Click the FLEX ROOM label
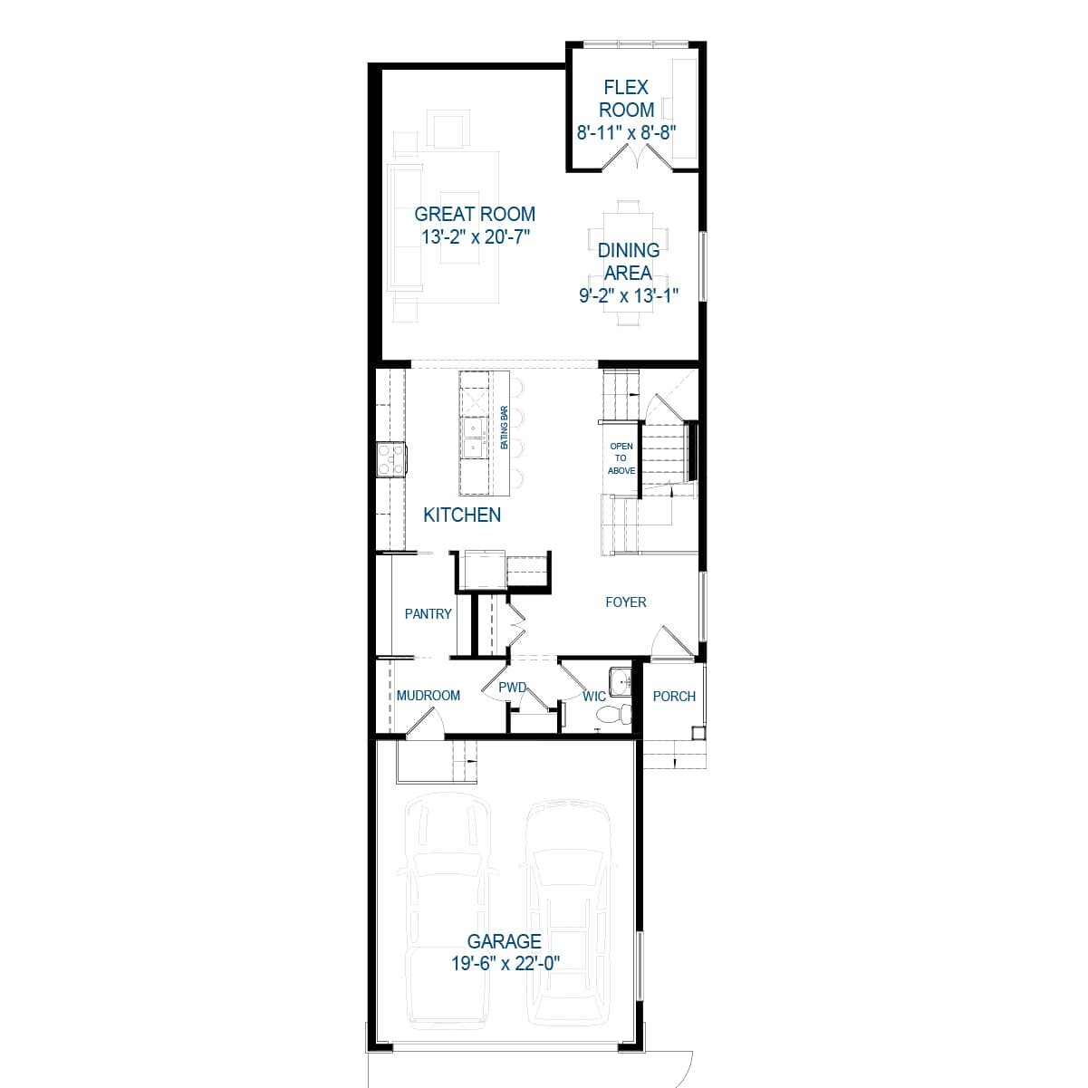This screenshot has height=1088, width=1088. tap(626, 99)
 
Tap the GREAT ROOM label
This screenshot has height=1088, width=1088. tap(475, 214)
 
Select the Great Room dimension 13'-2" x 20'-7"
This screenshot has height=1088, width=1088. tap(475, 237)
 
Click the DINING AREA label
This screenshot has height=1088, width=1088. tap(628, 261)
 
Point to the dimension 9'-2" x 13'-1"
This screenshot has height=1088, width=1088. tap(629, 295)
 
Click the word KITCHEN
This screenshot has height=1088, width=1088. tap(462, 515)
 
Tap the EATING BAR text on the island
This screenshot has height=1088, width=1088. tap(505, 428)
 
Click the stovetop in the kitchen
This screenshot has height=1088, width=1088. tap(391, 458)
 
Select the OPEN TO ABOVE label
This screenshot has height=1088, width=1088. tap(621, 458)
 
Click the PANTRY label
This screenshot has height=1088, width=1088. tap(428, 613)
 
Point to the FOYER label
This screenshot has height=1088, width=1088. tap(626, 602)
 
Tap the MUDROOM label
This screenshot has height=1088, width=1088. tap(428, 696)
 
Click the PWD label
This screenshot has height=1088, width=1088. tap(513, 688)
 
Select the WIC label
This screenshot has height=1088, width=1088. tap(594, 696)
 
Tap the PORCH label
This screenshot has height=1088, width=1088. tap(674, 696)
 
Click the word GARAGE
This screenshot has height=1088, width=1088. tap(505, 941)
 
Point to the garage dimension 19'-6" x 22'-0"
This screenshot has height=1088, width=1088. tap(505, 964)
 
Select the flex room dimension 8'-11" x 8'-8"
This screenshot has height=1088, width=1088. tap(627, 132)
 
